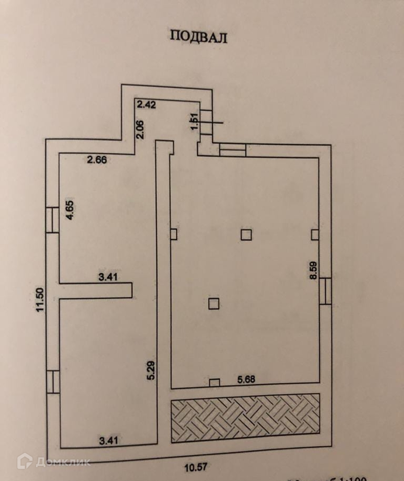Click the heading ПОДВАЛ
(x=198, y=36)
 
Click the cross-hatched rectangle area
(x=245, y=418)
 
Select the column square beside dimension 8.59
(x=315, y=234)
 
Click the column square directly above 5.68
(x=215, y=383)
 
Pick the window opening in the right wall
(x=326, y=291)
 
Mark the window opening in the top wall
(x=233, y=150)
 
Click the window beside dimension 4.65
(x=53, y=220)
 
